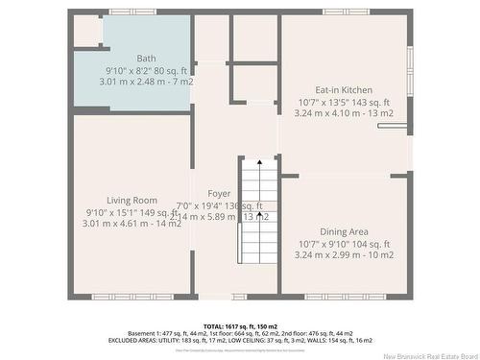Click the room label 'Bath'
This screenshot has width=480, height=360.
click(x=146, y=59)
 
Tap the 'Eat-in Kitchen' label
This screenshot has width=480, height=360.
click(x=344, y=89)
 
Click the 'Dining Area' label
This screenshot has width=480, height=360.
click(x=344, y=231)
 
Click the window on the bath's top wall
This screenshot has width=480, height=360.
click(x=132, y=12)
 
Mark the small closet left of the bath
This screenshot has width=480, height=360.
click(x=86, y=31)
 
